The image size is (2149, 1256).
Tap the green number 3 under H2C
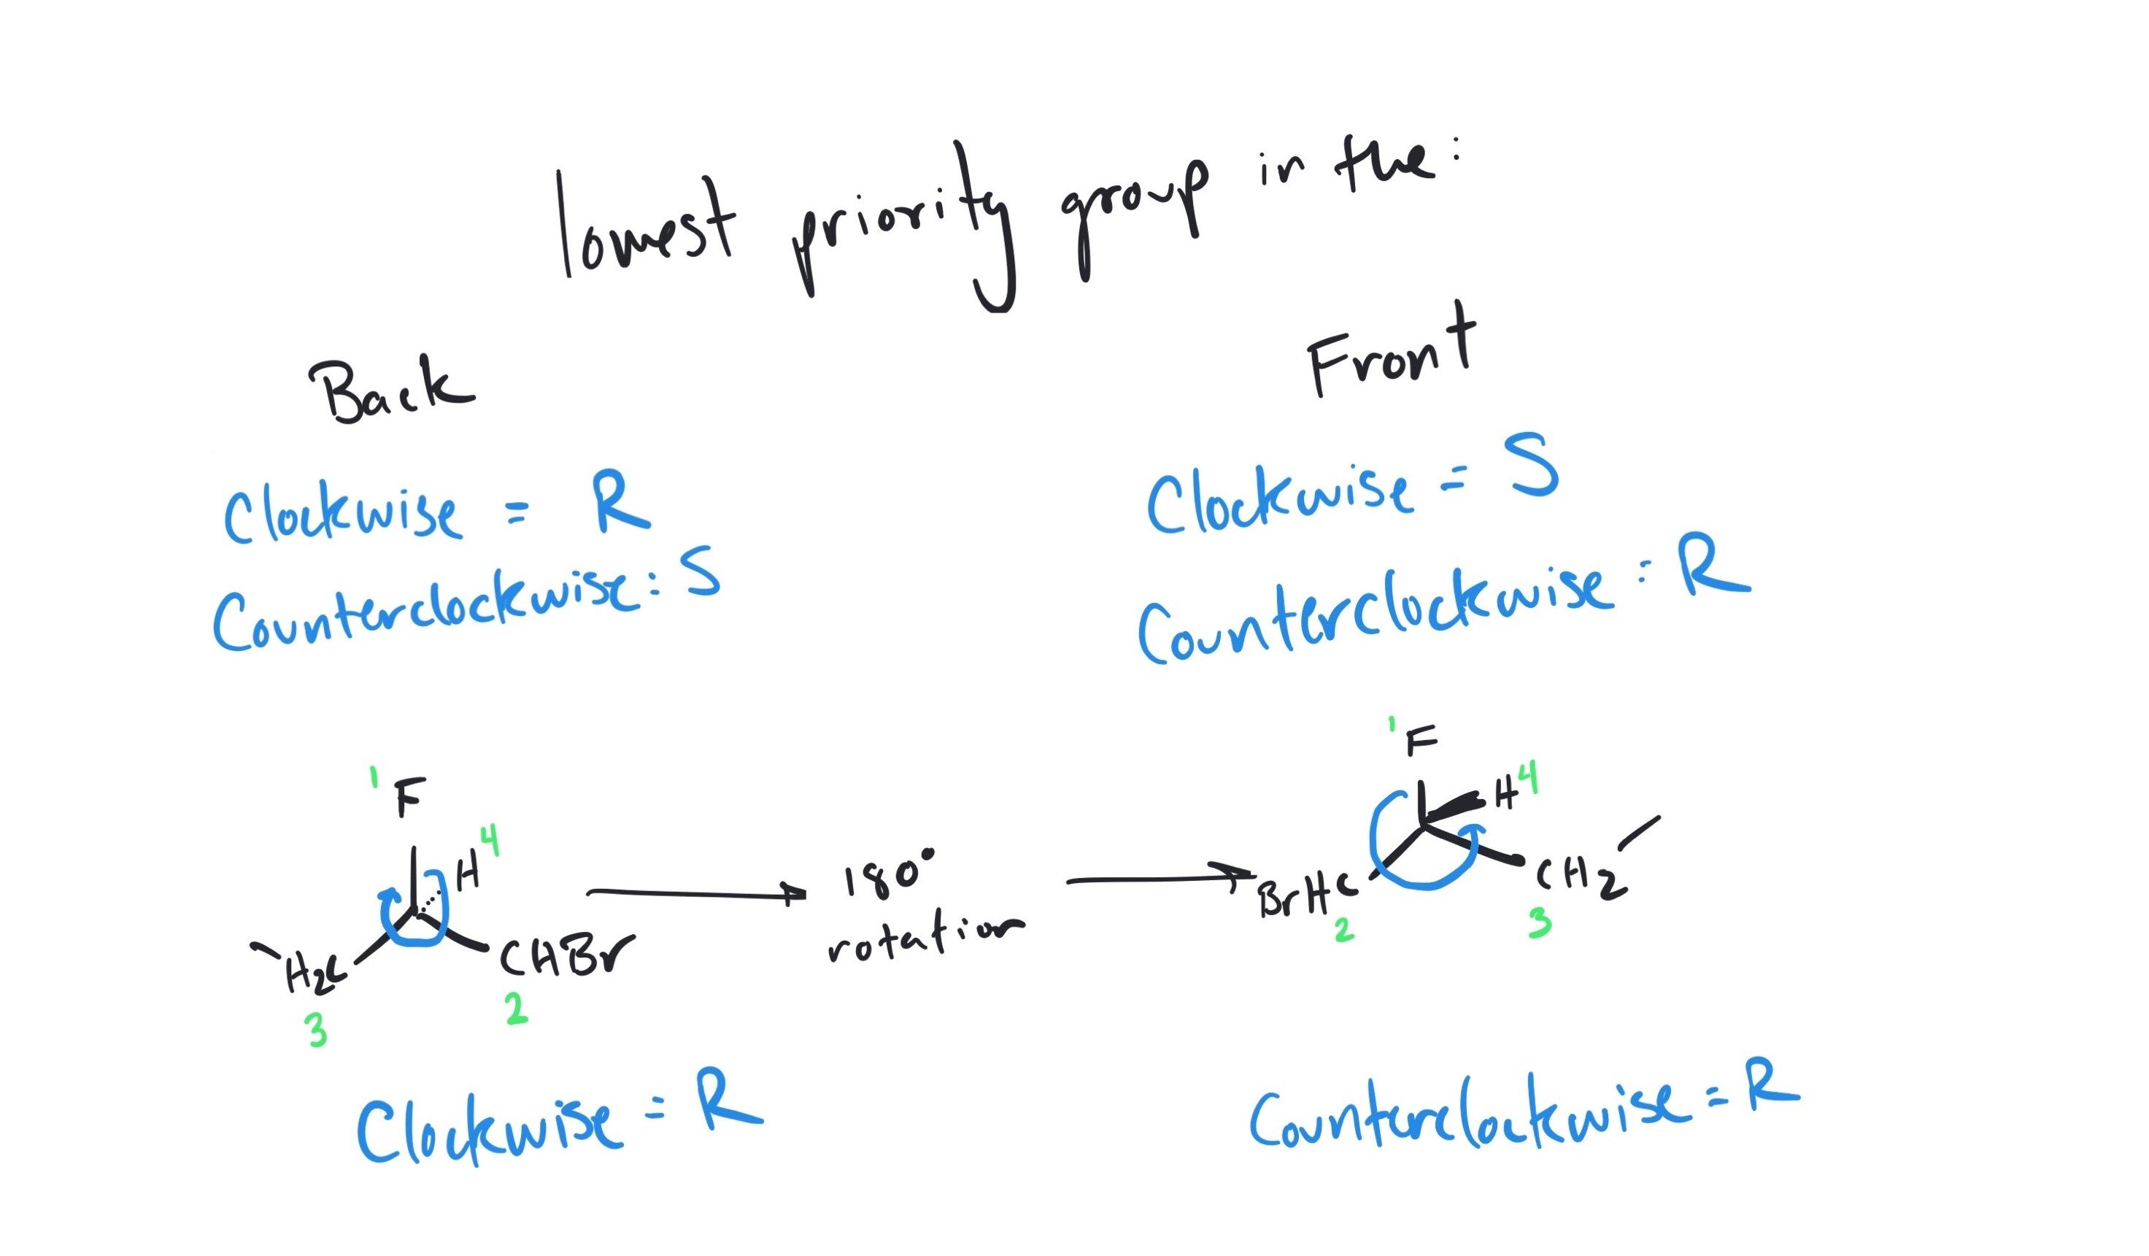click(317, 1032)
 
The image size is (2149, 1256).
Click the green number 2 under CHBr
click(515, 1009)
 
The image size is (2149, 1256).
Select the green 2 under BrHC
click(1344, 930)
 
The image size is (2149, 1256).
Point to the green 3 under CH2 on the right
click(1538, 922)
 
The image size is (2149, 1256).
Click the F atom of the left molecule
click(409, 798)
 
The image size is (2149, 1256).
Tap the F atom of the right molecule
click(1420, 740)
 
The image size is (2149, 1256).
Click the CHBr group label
click(566, 957)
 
